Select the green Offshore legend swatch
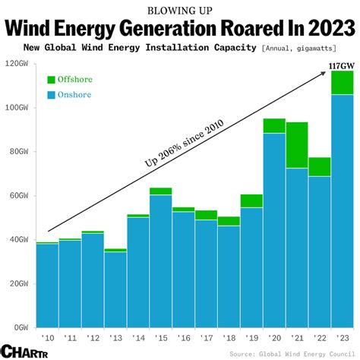pos(51,79)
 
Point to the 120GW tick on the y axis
pos(16,63)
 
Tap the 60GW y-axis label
pos(17,195)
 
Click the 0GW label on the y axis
pos(19,327)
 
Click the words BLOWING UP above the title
pos(179,10)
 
